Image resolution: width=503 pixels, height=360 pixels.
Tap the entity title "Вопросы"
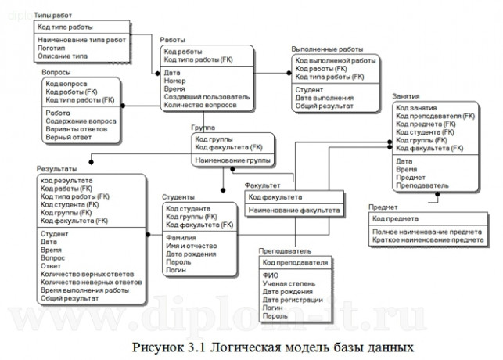coord(56,72)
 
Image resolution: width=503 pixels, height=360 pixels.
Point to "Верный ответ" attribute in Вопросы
coord(69,137)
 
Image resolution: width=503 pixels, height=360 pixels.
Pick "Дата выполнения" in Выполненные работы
coord(324,98)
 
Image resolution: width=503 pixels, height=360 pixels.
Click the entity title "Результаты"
coord(56,170)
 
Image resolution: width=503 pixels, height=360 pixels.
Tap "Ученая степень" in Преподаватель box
coord(289,283)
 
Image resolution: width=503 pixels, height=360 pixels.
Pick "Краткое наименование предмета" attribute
coord(427,239)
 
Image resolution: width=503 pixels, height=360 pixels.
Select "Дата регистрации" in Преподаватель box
coord(293,300)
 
